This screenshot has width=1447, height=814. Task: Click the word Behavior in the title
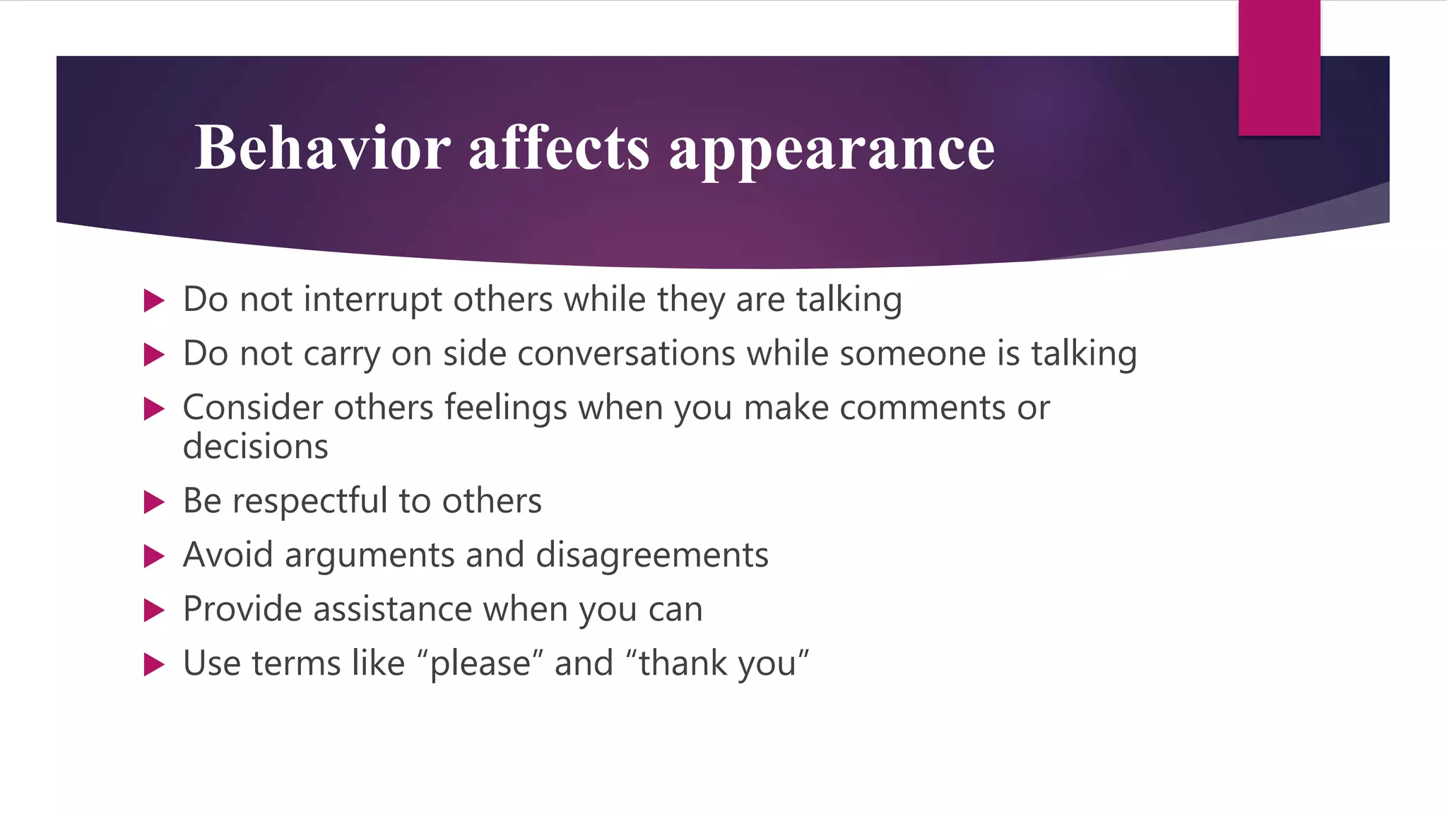(x=322, y=148)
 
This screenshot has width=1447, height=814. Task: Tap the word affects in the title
(x=558, y=148)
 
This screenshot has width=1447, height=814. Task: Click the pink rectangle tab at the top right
(x=1279, y=68)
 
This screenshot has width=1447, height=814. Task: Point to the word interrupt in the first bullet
(x=372, y=300)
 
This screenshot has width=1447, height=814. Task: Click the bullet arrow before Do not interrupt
(x=153, y=300)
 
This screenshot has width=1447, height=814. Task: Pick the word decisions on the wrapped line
(x=255, y=447)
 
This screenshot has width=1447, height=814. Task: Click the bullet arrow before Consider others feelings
(x=153, y=408)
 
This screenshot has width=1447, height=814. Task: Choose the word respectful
(x=309, y=502)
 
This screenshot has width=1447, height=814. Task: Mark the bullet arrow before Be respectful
(x=153, y=502)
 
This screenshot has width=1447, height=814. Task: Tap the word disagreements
(x=651, y=555)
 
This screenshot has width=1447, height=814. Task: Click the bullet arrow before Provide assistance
(x=153, y=610)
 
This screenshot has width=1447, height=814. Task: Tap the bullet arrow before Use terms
(x=153, y=664)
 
